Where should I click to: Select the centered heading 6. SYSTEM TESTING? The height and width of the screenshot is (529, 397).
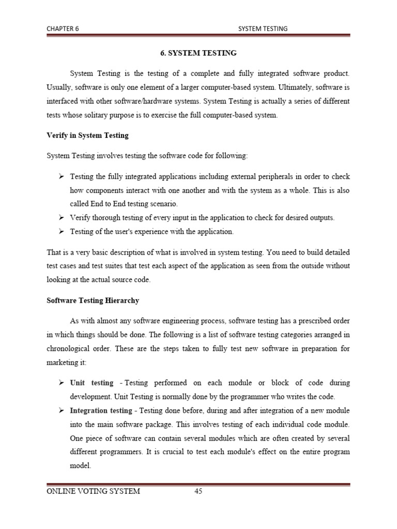[x=197, y=53]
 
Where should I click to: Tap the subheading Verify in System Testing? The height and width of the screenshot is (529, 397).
[x=87, y=135]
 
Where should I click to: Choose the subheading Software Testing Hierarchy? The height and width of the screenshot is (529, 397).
[x=93, y=300]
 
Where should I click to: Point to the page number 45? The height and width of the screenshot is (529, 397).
[x=198, y=491]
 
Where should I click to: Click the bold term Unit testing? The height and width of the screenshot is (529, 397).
[x=91, y=383]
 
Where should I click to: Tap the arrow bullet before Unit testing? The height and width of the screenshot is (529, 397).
[x=60, y=383]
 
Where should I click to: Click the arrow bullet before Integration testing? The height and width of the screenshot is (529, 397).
[x=60, y=410]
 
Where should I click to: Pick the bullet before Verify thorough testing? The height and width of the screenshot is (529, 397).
[x=60, y=218]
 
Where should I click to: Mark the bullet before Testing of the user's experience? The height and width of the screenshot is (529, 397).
[x=60, y=232]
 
